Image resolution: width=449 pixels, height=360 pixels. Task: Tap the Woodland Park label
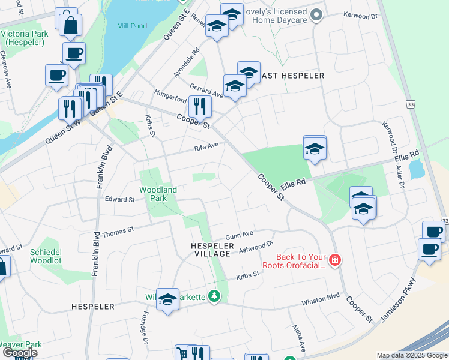158,194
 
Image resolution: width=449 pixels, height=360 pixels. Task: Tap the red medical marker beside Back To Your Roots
334,260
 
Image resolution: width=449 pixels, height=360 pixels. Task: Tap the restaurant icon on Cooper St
199,106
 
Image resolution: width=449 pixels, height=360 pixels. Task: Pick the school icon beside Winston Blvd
167,300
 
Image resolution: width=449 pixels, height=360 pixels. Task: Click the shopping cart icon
182,353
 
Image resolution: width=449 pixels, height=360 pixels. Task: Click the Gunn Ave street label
240,235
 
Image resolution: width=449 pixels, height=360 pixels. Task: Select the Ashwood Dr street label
256,247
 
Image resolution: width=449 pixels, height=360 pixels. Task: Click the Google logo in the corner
19,353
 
